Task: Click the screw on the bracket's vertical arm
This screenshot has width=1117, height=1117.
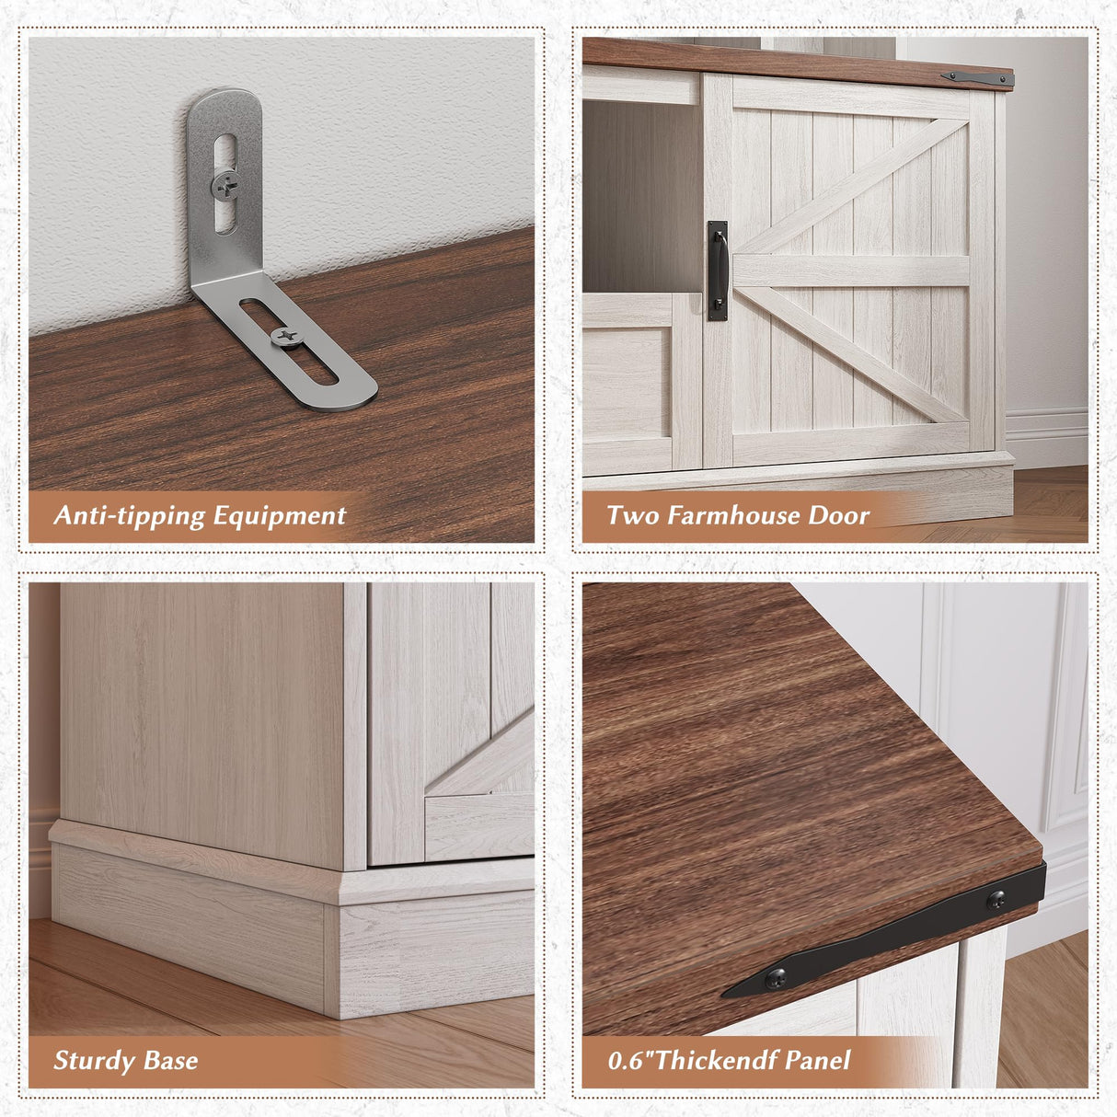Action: [x=225, y=186]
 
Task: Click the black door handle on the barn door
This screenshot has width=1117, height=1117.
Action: [x=717, y=271]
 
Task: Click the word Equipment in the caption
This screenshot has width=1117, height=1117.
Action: [x=280, y=516]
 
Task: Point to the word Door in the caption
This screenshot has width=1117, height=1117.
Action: [x=839, y=514]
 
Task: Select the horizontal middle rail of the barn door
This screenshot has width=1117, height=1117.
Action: [x=850, y=271]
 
